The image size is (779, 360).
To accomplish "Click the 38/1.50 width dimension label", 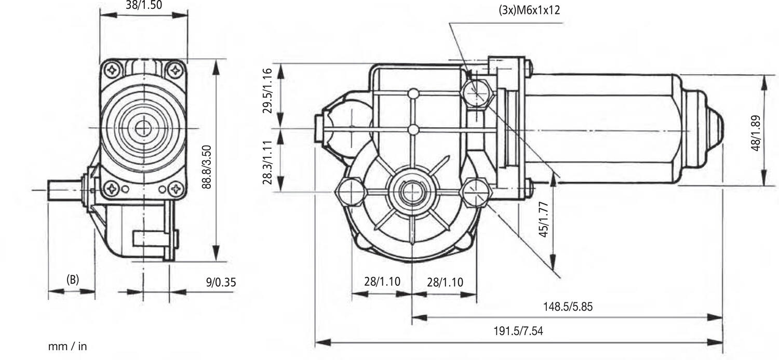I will click(x=144, y=5).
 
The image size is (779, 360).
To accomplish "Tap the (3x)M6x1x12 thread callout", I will click(x=529, y=10).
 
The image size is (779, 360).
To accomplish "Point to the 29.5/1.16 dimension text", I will click(x=267, y=91).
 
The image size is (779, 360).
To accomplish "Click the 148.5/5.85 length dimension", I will click(x=568, y=306).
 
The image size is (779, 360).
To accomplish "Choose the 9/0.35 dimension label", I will click(x=221, y=283).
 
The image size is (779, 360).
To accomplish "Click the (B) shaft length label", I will click(x=73, y=279).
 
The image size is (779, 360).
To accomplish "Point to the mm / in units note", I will click(x=68, y=346).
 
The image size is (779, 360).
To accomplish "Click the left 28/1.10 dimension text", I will click(x=382, y=282).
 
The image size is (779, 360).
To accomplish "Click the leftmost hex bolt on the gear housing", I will click(x=351, y=192).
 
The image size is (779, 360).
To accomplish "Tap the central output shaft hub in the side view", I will click(x=412, y=192).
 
